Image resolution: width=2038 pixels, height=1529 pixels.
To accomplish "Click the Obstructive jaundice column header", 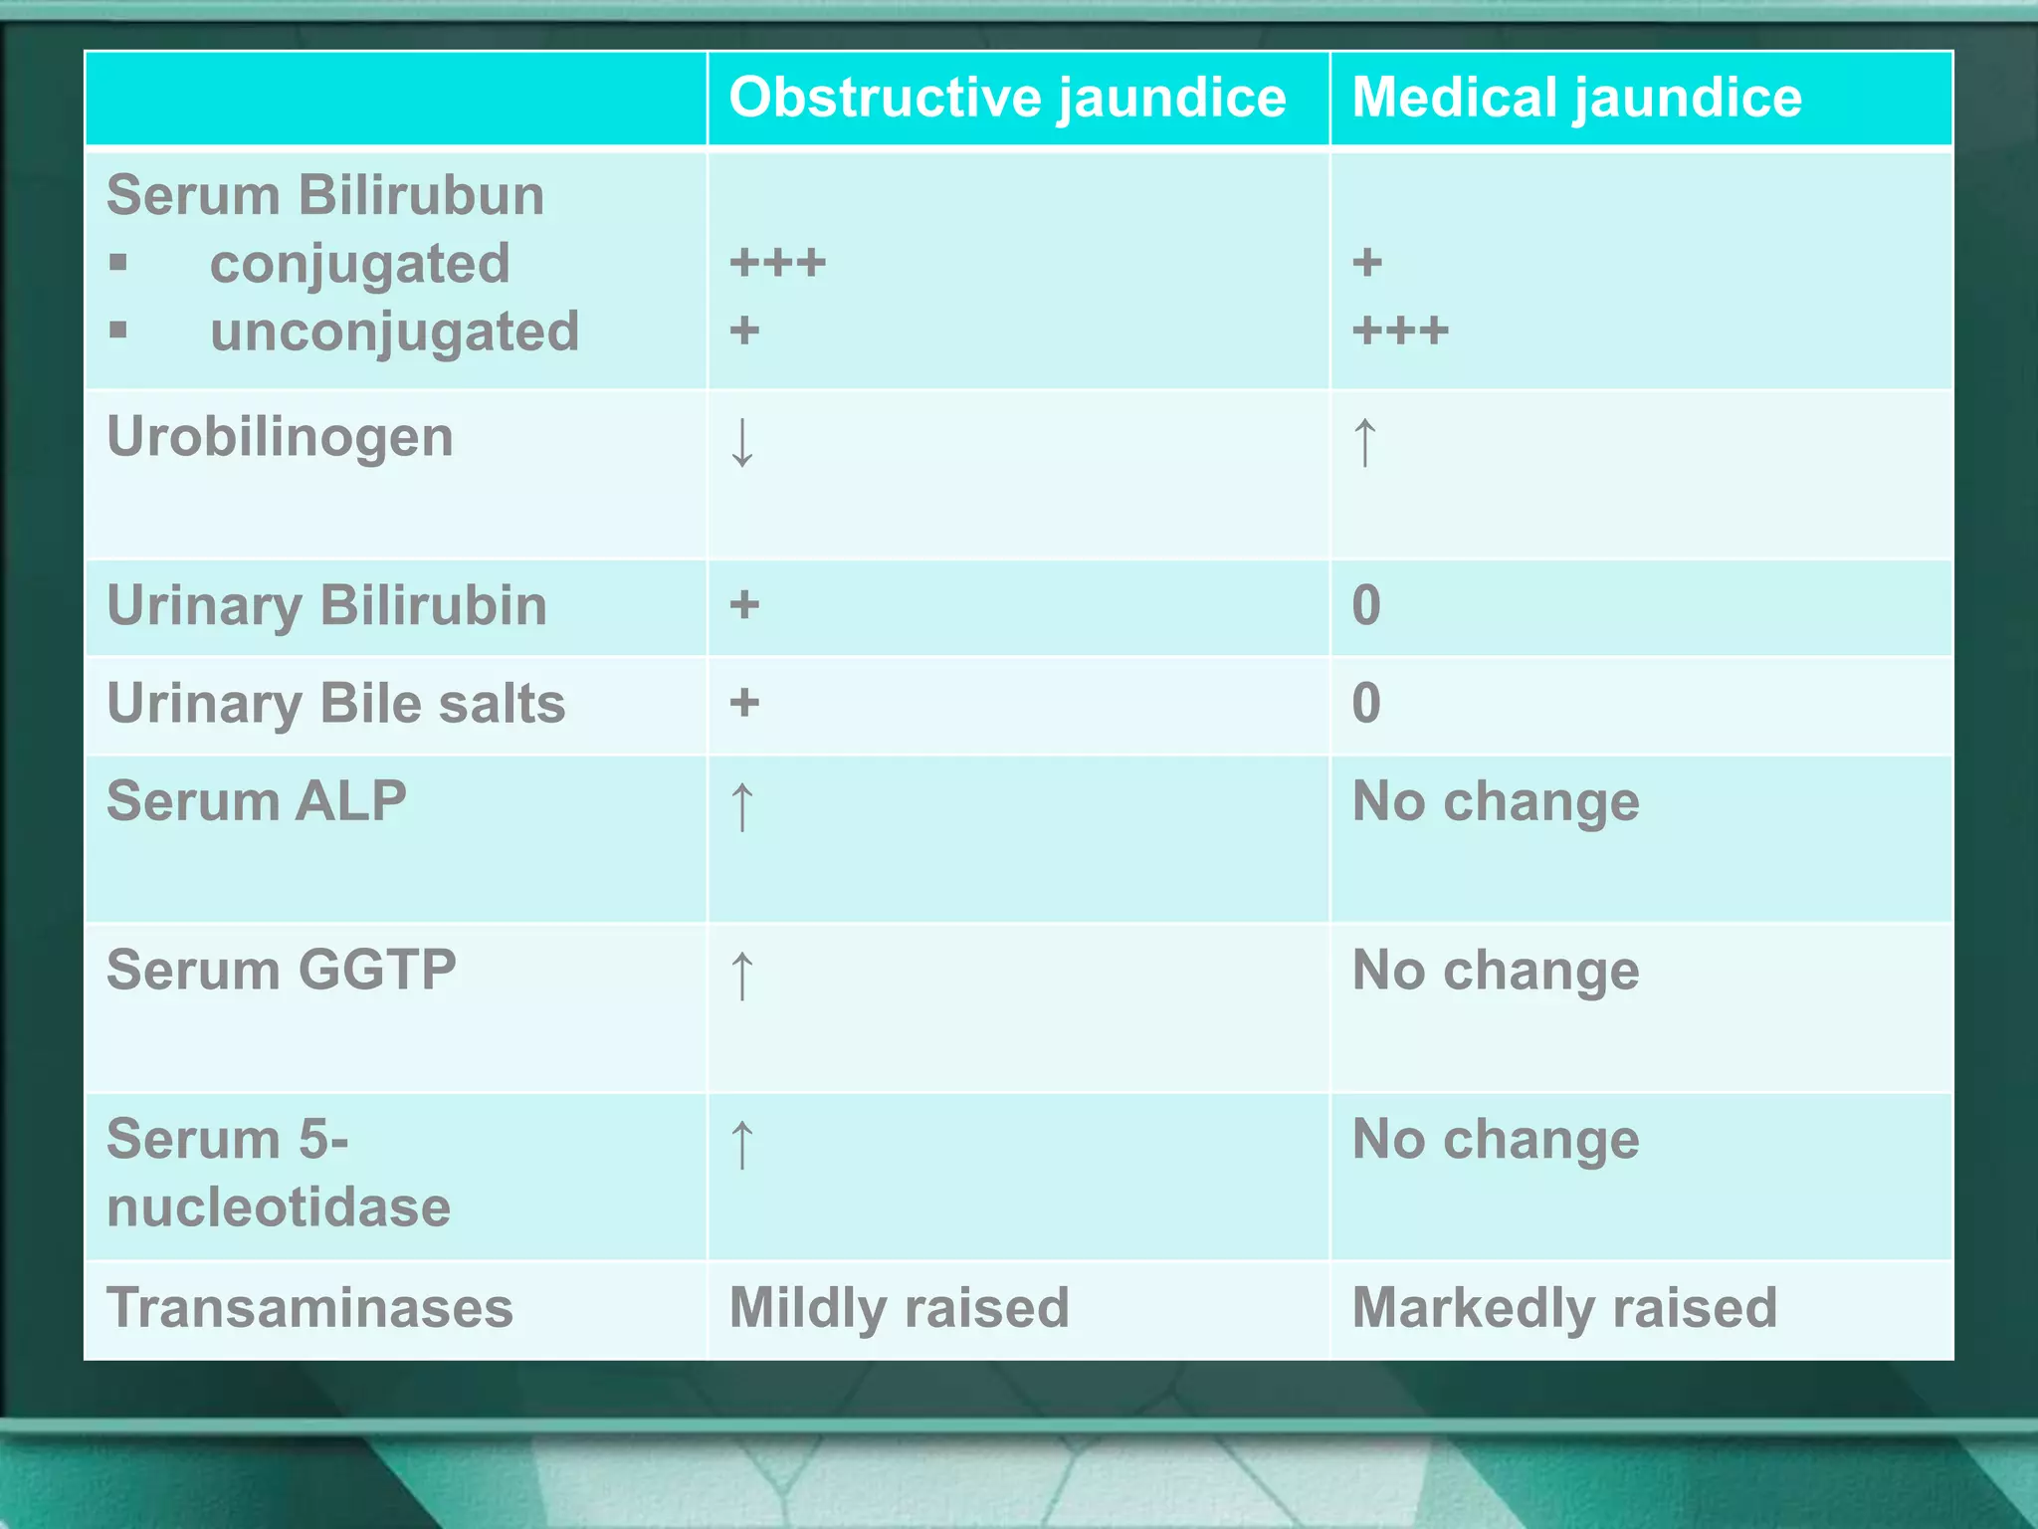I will pos(1007,98).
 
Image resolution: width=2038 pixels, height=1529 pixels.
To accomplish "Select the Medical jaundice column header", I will pos(1576,98).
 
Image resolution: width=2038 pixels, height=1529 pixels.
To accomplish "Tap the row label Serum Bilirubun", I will pos(325,194).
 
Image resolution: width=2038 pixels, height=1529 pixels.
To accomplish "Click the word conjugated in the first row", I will pos(359,264).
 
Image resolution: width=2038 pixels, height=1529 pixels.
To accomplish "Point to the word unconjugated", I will pos(394,331).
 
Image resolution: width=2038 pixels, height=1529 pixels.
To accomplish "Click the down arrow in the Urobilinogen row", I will pos(742,443).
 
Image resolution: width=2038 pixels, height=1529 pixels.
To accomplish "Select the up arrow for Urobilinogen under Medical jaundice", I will pos(1365,442).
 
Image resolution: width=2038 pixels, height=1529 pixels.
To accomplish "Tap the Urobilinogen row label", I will pos(280,437).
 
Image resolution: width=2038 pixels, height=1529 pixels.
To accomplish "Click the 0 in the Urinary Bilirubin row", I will pos(1366,605).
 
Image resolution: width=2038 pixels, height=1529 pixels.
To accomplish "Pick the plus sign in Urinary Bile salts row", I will pos(744,703).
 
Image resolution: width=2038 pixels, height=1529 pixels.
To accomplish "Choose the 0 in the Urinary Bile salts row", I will pos(1366,703).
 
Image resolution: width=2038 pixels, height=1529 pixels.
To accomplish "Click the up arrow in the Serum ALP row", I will pos(742,805).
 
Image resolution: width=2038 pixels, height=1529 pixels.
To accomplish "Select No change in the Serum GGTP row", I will pos(1495,971).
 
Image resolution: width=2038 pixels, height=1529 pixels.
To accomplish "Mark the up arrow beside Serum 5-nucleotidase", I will pos(742,1144).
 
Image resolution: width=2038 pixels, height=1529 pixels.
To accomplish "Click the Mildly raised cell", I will pos(899,1307).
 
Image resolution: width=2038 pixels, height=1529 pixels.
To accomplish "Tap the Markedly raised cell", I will pos(1563,1307).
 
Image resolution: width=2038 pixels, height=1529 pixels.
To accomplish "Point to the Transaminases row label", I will pos(309,1307).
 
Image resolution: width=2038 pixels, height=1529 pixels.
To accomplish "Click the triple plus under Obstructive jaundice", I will pos(777,264).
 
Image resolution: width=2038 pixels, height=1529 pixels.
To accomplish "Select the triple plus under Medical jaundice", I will pos(1400,330).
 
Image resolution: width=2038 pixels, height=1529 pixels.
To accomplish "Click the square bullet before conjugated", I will pos(118,263).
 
